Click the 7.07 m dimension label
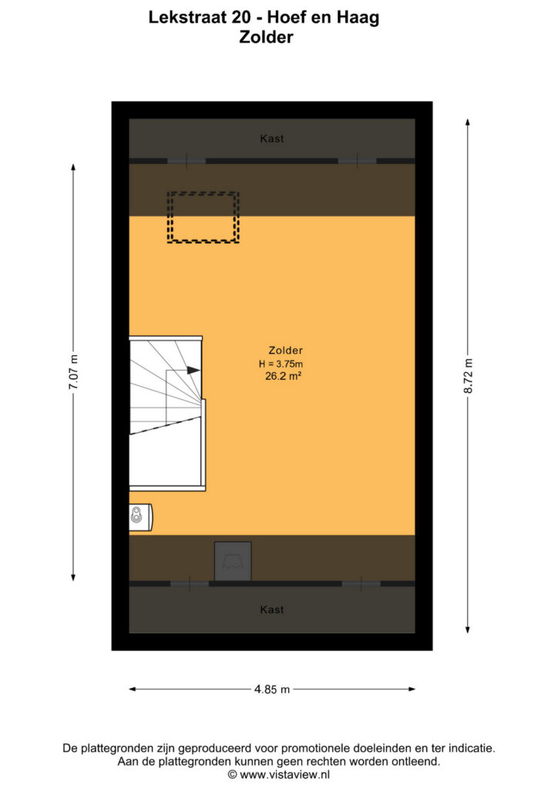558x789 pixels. [x=73, y=372]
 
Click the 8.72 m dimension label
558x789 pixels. [x=468, y=376]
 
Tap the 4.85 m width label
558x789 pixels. [x=272, y=690]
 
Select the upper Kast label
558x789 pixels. [x=272, y=139]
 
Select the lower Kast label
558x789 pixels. [x=272, y=609]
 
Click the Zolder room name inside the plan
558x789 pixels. [x=285, y=351]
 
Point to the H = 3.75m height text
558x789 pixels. [x=281, y=364]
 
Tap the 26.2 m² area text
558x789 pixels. [x=283, y=376]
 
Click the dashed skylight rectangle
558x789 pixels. [x=203, y=192]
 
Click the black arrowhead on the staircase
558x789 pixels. [x=193, y=371]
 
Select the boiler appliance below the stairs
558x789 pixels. [x=141, y=517]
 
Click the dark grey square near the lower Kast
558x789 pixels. [x=233, y=561]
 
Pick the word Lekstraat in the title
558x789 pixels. [x=188, y=18]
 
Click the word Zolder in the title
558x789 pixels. [x=266, y=37]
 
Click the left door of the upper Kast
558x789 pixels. [x=187, y=161]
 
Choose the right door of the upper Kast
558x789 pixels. [x=358, y=161]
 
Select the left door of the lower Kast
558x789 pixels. [x=190, y=584]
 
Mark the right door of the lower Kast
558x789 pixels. [x=361, y=584]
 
